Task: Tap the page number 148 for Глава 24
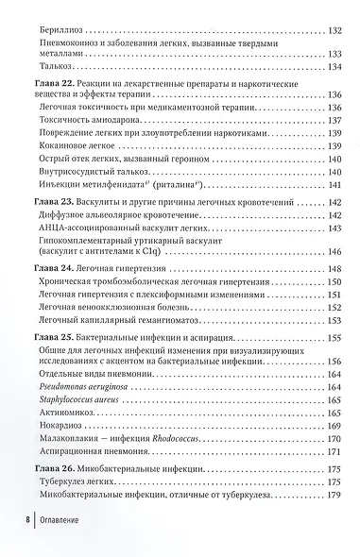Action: click(x=333, y=272)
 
